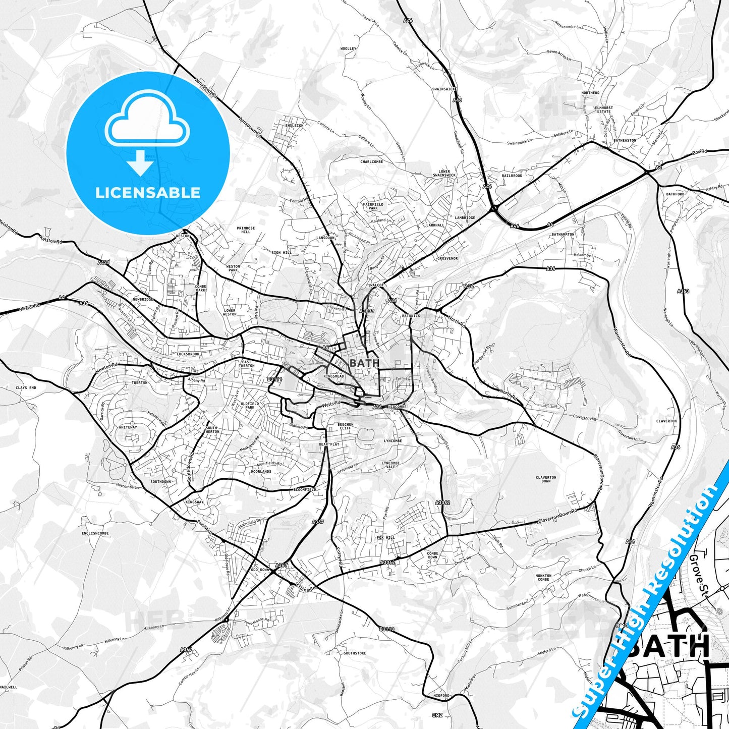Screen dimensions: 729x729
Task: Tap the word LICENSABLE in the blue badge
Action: pyautogui.click(x=148, y=192)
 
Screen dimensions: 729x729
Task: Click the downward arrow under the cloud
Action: pyautogui.click(x=140, y=163)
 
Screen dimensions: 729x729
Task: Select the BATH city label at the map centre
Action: pyautogui.click(x=364, y=363)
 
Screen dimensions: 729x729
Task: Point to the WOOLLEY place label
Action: pyautogui.click(x=348, y=49)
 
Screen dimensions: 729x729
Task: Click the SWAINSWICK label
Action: pyautogui.click(x=444, y=89)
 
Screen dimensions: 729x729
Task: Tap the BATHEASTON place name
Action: pyautogui.click(x=625, y=140)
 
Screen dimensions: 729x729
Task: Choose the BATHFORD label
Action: pyautogui.click(x=675, y=194)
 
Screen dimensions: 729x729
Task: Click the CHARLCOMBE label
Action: pyautogui.click(x=371, y=162)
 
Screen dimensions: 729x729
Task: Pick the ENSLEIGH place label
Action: pyautogui.click(x=295, y=125)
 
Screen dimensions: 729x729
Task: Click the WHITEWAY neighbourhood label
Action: pyautogui.click(x=128, y=427)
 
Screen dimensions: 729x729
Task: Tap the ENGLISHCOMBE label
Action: pyautogui.click(x=95, y=533)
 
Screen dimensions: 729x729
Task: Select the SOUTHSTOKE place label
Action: pyautogui.click(x=355, y=653)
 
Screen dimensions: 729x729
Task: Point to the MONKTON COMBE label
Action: pyautogui.click(x=543, y=577)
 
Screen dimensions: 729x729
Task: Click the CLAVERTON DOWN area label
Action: pyautogui.click(x=546, y=479)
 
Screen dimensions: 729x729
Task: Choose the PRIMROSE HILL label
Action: pyautogui.click(x=246, y=230)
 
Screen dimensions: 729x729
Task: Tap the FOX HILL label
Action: pyautogui.click(x=386, y=538)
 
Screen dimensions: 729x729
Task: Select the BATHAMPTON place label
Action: pyautogui.click(x=563, y=235)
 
